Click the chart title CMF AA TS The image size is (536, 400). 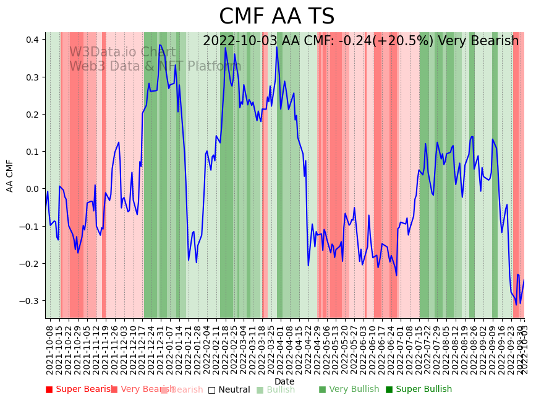click(276, 17)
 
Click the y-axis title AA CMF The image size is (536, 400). click(10, 175)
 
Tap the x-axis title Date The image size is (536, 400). click(284, 381)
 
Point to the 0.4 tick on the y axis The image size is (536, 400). click(33, 40)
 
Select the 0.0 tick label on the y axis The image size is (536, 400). click(33, 189)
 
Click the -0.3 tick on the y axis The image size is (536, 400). click(30, 301)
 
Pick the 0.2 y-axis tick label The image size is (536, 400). click(33, 115)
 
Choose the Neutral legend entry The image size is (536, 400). click(229, 389)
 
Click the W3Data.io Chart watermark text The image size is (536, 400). click(122, 53)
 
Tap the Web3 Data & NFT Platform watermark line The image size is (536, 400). click(155, 66)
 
